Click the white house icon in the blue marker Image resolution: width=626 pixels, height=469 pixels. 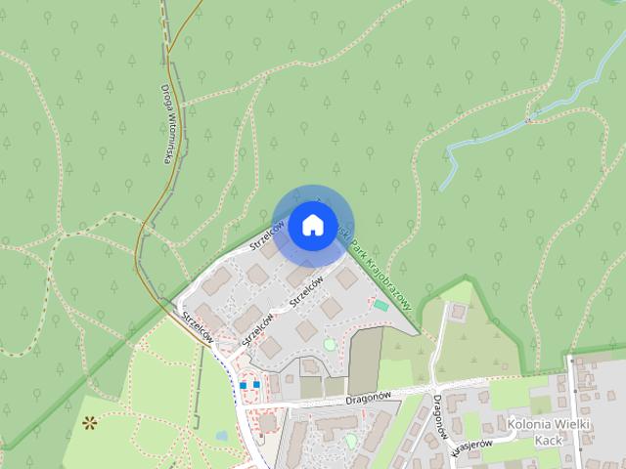pos(312,225)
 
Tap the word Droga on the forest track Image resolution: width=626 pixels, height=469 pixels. pos(165,100)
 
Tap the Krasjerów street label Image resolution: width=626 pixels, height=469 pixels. pos(471,448)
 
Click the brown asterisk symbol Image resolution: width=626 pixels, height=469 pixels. pos(90,423)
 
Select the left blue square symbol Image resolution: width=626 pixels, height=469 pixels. pos(243,385)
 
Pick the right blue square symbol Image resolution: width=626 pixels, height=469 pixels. pos(256,385)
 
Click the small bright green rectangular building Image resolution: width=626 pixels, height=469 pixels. pos(380,306)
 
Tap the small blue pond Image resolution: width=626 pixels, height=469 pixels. pos(220,435)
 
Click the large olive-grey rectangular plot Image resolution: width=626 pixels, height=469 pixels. pos(366,357)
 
